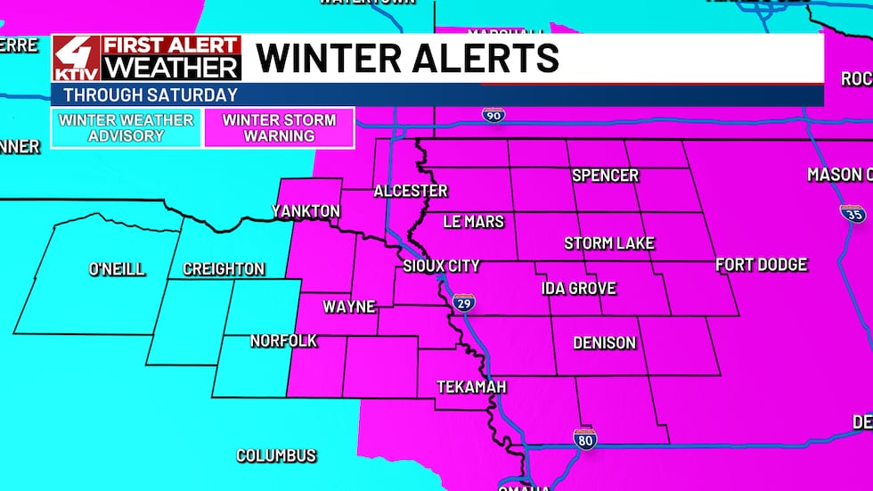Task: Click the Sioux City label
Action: click(441, 266)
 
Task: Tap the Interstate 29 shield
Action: click(462, 303)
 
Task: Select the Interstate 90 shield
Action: click(493, 115)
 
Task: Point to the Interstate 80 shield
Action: click(584, 438)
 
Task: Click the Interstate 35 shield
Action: click(852, 214)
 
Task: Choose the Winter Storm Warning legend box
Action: click(280, 128)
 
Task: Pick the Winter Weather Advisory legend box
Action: click(126, 128)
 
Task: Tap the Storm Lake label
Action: click(609, 243)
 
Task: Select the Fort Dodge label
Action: click(761, 265)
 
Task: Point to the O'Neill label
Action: click(117, 269)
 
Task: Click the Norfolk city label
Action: click(283, 341)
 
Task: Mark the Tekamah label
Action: click(471, 387)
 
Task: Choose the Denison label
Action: click(604, 343)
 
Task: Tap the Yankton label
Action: click(306, 211)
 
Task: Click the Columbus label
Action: click(276, 455)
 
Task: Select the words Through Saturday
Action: click(151, 95)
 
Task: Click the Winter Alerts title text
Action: click(407, 58)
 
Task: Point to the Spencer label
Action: click(605, 176)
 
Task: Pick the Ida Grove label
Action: click(579, 288)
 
